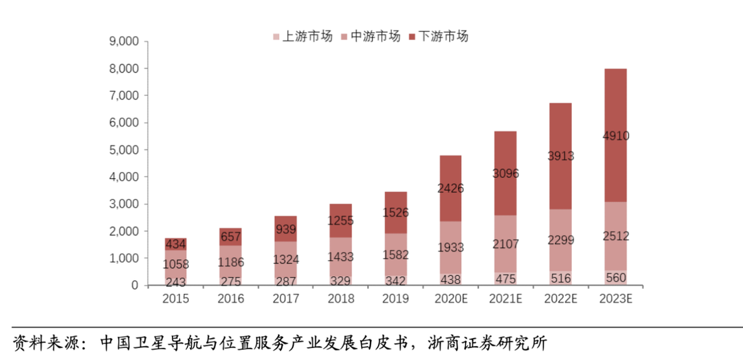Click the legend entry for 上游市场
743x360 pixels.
[x=303, y=37]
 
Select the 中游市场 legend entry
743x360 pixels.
[x=370, y=37]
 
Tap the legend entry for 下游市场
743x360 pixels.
[x=438, y=37]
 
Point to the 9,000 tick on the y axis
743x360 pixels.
[x=124, y=42]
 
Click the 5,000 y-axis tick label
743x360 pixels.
[x=124, y=150]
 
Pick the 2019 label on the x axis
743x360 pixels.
[x=395, y=299]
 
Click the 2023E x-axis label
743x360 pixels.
[x=614, y=299]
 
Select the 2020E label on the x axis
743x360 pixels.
[x=450, y=299]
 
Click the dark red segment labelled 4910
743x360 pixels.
[x=614, y=136]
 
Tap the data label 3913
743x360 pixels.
[x=560, y=157]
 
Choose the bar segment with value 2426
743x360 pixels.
[x=450, y=189]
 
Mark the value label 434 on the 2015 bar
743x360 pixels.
[x=176, y=245]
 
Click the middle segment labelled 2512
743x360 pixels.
[x=614, y=236]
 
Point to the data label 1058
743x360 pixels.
[x=176, y=265]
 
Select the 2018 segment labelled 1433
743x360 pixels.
[x=341, y=257]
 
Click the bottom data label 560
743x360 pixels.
[x=614, y=279]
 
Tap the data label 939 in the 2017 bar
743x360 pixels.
[x=286, y=229]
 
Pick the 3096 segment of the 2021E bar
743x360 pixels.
[x=505, y=174]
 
